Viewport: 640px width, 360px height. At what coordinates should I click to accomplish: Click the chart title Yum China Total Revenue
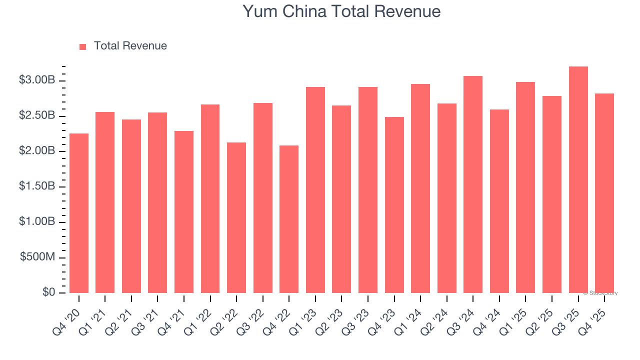tap(341, 11)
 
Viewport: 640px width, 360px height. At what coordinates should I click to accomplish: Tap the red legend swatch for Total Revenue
tap(83, 46)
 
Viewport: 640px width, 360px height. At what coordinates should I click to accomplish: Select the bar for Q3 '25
tap(578, 179)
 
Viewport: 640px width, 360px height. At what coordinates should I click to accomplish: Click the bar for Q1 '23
tap(315, 190)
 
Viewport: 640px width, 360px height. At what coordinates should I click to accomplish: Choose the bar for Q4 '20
tap(79, 213)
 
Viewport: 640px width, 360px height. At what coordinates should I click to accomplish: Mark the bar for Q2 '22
tap(236, 217)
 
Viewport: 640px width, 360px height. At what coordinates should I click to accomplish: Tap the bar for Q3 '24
tap(473, 184)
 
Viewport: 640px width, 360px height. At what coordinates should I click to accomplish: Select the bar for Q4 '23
tap(394, 205)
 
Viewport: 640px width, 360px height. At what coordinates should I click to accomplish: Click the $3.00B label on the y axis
tap(37, 80)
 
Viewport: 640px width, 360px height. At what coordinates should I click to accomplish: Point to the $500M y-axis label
tap(37, 257)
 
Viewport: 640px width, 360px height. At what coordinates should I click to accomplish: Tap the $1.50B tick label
tap(37, 186)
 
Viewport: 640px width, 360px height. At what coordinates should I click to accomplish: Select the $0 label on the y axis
tap(48, 292)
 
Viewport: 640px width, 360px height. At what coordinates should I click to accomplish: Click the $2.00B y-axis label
tap(37, 151)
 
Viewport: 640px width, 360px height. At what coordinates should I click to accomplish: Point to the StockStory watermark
tap(600, 293)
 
